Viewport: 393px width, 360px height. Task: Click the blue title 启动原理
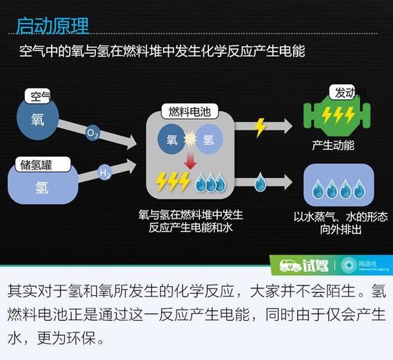(x=52, y=26)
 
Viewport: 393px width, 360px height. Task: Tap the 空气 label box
(x=38, y=96)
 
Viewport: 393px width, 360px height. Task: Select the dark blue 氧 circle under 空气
(x=38, y=119)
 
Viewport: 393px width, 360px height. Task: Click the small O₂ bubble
(x=92, y=133)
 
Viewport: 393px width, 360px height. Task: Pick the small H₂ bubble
(x=105, y=172)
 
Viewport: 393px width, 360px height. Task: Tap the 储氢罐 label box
(x=43, y=164)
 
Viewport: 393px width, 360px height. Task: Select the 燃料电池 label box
(x=190, y=111)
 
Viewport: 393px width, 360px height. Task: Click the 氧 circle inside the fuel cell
(x=172, y=139)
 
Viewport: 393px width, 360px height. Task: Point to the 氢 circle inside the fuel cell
(x=209, y=139)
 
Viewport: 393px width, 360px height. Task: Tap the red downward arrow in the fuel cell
(x=190, y=161)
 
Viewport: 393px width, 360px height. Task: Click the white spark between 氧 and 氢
(x=190, y=139)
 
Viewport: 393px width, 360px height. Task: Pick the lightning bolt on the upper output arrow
(x=260, y=128)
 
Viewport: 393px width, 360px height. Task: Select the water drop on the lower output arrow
(x=261, y=182)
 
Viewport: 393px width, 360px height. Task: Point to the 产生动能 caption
(x=333, y=146)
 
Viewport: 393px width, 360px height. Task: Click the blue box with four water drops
(x=339, y=185)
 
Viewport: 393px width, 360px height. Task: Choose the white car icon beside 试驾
(x=290, y=266)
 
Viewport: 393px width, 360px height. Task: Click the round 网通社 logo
(x=349, y=266)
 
